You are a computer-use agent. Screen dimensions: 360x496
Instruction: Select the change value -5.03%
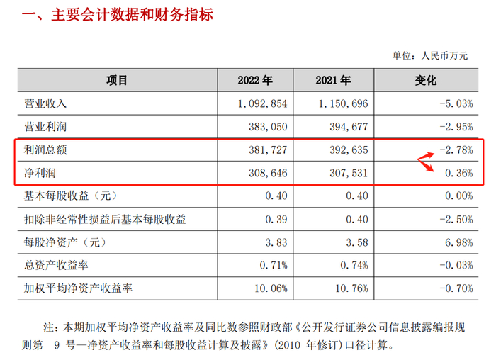455,103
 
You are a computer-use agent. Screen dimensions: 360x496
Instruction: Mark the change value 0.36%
458,173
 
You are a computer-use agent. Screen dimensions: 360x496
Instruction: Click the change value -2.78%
455,150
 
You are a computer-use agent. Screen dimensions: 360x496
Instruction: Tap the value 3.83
275,242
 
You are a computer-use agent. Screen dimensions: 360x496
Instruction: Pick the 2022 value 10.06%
271,289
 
